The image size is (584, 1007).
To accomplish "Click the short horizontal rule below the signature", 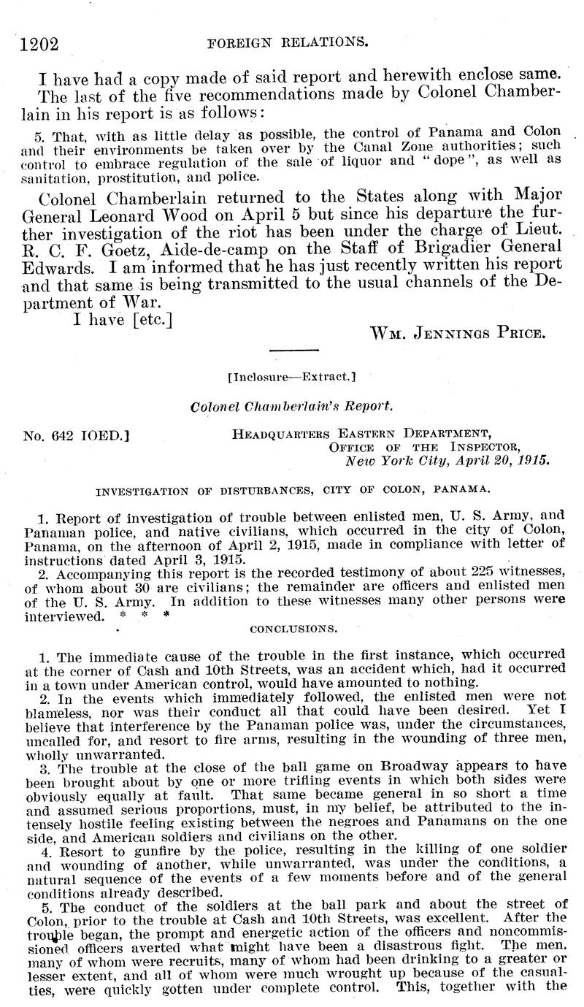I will tap(288, 352).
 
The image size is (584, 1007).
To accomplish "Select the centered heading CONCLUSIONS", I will tap(293, 627).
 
